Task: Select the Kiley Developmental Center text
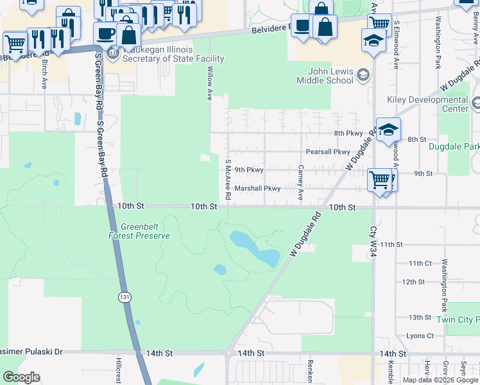tap(427, 104)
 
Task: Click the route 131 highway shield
tap(123, 296)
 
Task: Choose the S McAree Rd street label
tap(228, 179)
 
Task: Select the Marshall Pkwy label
tap(257, 189)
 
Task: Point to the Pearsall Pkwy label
tap(327, 152)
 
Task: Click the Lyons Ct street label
tap(420, 336)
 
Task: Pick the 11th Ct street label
tap(420, 263)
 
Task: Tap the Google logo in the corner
tap(21, 377)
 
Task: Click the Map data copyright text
tap(440, 380)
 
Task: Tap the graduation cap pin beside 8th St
tap(388, 130)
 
